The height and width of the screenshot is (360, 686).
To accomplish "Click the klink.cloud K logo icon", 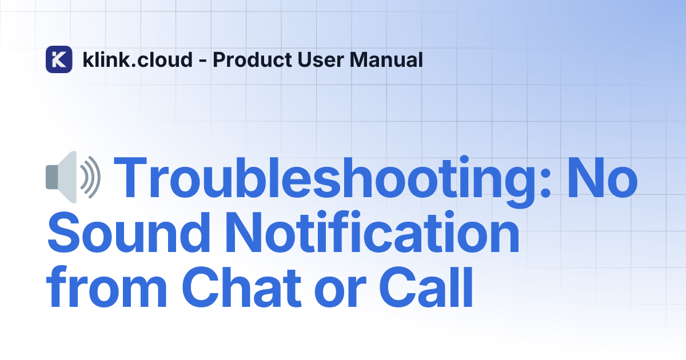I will point(59,59).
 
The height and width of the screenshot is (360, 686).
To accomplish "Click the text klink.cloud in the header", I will point(137,59).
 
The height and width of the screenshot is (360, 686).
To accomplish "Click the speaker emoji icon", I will point(73,177).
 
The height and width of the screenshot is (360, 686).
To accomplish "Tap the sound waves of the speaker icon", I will point(90,177).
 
